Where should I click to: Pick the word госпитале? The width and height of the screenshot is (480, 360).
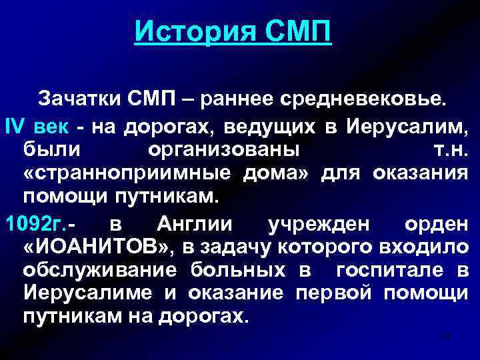point(385,271)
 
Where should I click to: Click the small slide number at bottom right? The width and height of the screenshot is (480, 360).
point(446,337)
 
